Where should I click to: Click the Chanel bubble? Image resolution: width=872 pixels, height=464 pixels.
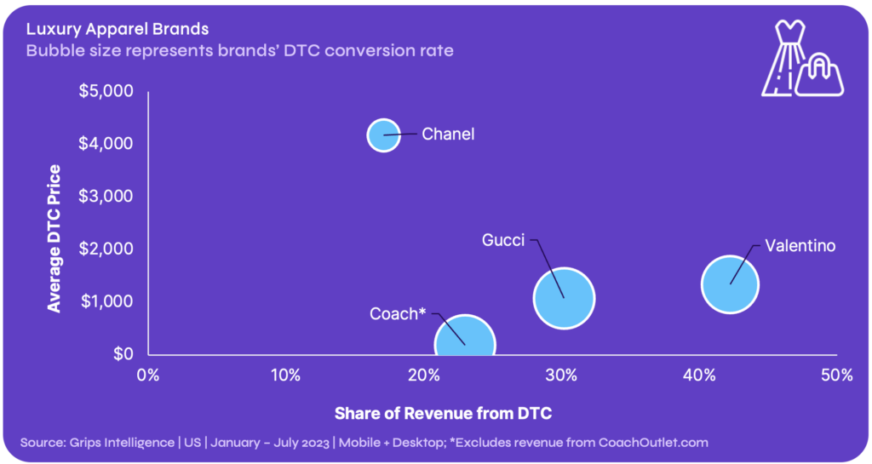383,135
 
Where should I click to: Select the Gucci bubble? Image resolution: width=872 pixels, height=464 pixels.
563,298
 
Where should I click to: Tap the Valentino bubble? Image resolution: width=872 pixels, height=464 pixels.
730,284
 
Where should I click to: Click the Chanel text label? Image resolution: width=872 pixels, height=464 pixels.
448,134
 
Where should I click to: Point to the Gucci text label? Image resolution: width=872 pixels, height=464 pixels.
503,240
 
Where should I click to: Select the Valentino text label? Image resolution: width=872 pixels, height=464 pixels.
800,246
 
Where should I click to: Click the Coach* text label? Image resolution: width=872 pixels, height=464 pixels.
398,313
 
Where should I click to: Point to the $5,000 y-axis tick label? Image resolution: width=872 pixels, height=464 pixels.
106,90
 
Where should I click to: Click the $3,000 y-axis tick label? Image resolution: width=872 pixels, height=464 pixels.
106,196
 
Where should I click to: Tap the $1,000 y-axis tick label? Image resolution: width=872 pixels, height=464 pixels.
106,301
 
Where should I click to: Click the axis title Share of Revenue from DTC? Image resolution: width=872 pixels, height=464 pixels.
443,414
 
